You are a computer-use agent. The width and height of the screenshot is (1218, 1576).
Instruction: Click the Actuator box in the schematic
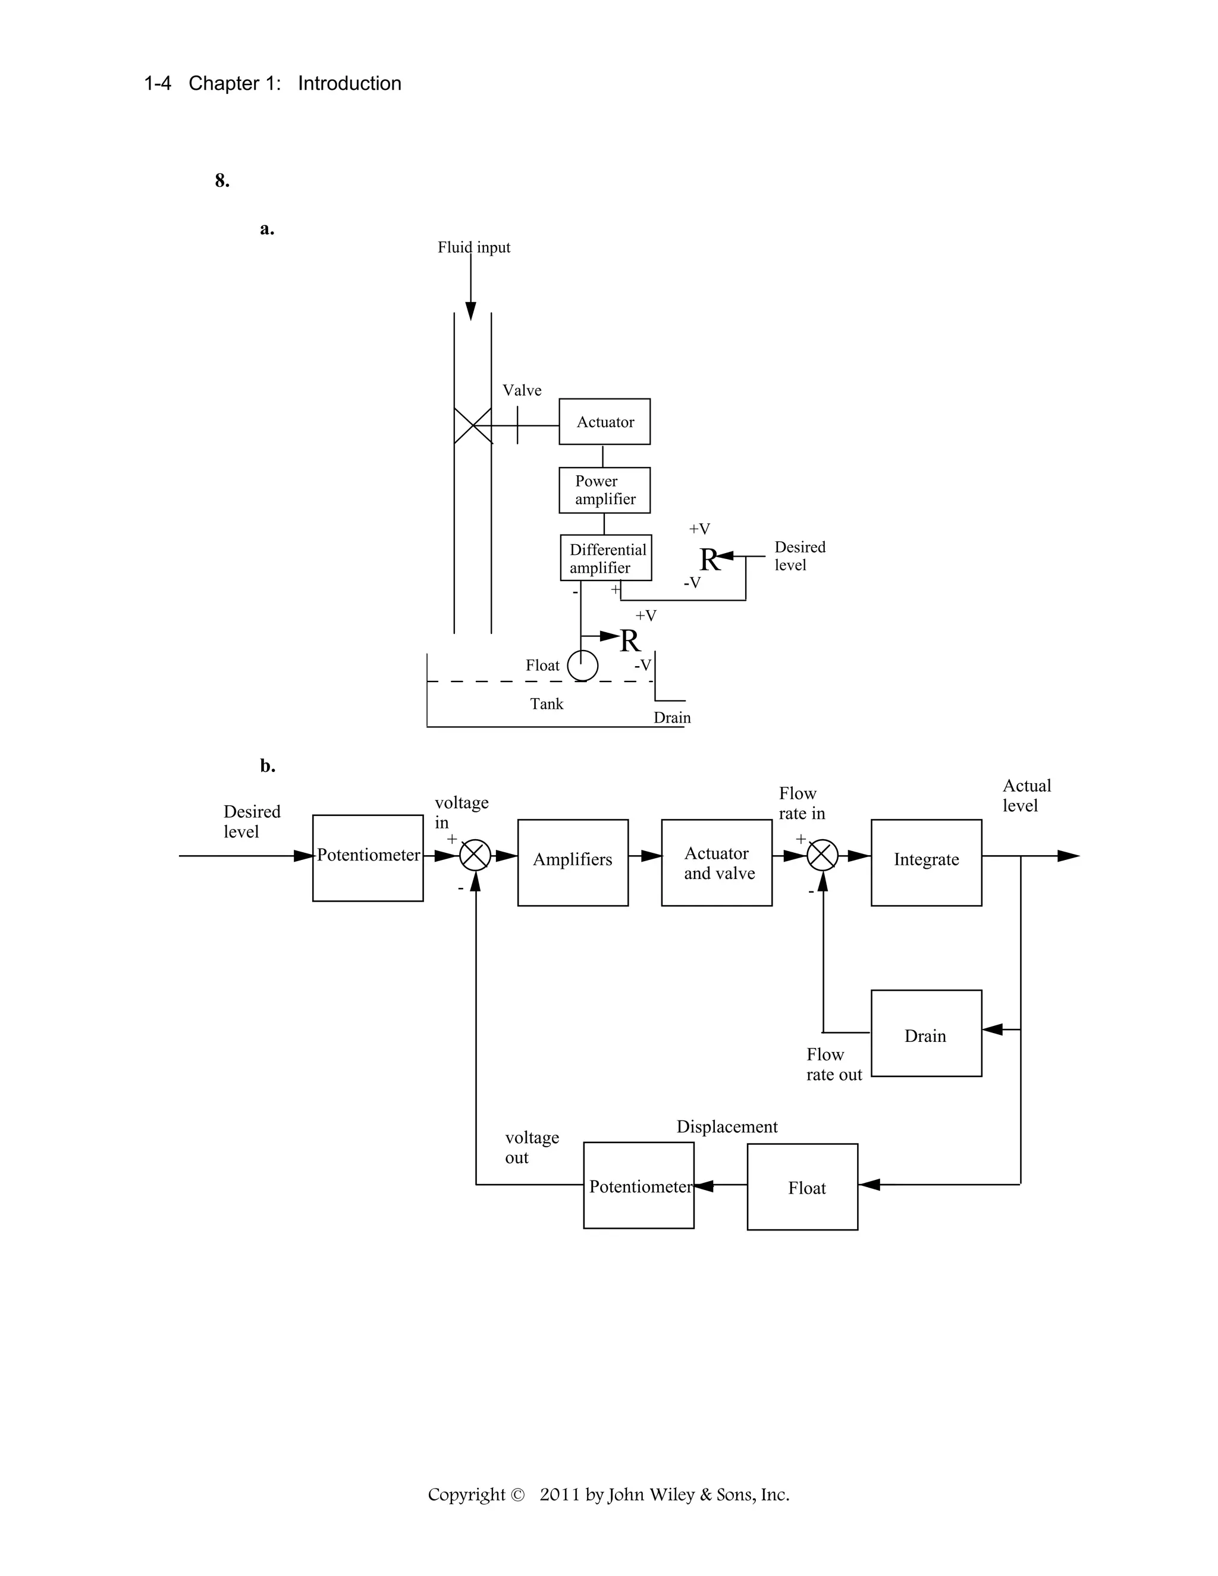click(x=604, y=422)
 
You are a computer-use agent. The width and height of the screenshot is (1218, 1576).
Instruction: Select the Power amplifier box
click(x=604, y=490)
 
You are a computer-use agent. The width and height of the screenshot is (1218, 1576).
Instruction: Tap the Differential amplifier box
click(x=605, y=558)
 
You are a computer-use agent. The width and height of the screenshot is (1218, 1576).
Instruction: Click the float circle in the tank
click(x=582, y=665)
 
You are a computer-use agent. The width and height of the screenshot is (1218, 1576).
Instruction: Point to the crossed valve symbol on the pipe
click(x=473, y=425)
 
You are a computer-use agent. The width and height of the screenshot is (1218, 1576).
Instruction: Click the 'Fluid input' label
click(x=473, y=247)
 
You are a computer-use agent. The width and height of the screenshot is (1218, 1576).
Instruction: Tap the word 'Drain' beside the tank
click(x=672, y=717)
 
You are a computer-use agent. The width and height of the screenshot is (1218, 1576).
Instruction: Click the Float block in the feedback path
click(x=802, y=1187)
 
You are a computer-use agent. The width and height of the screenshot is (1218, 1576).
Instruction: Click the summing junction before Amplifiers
click(x=476, y=856)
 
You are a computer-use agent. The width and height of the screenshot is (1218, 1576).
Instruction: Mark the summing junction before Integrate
click(x=822, y=856)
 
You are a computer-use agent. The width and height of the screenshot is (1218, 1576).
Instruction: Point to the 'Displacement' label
click(x=727, y=1126)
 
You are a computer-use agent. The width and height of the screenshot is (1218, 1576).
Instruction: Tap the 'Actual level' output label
click(x=1026, y=795)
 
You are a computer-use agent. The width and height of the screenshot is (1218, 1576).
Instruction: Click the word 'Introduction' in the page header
click(x=349, y=84)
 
